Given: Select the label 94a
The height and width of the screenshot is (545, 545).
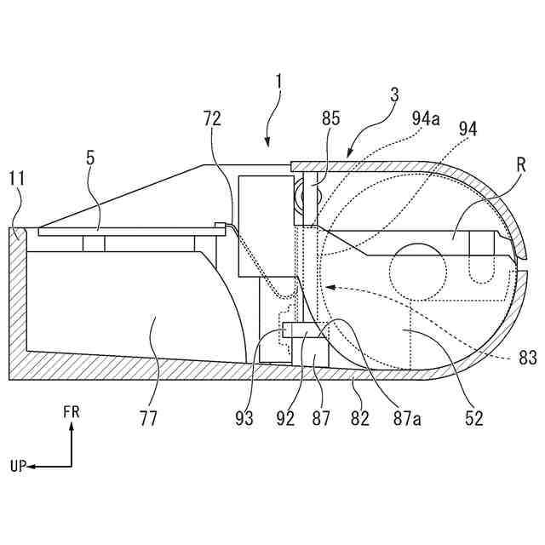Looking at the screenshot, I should (x=426, y=119).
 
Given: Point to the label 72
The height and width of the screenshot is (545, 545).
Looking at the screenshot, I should (x=212, y=119).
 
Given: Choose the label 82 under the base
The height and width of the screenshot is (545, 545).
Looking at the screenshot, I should (x=360, y=418).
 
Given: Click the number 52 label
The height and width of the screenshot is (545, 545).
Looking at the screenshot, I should (x=474, y=418).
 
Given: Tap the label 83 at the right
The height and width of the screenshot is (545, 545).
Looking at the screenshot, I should (x=528, y=359).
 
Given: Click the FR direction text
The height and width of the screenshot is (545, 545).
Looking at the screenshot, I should (x=72, y=411).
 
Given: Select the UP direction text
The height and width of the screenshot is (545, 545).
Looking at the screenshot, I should (x=19, y=467).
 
